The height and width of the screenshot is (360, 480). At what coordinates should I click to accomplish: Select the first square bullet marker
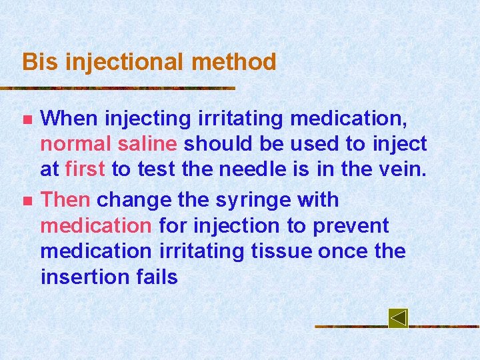tap(27, 120)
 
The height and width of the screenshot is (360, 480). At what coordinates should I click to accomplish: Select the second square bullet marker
tap(27, 201)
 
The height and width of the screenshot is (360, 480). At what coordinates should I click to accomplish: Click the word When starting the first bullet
tap(69, 119)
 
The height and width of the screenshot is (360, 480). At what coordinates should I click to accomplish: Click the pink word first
tap(85, 169)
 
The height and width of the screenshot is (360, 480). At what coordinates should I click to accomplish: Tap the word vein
tap(402, 169)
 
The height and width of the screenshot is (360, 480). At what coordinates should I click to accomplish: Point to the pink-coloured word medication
tap(96, 225)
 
